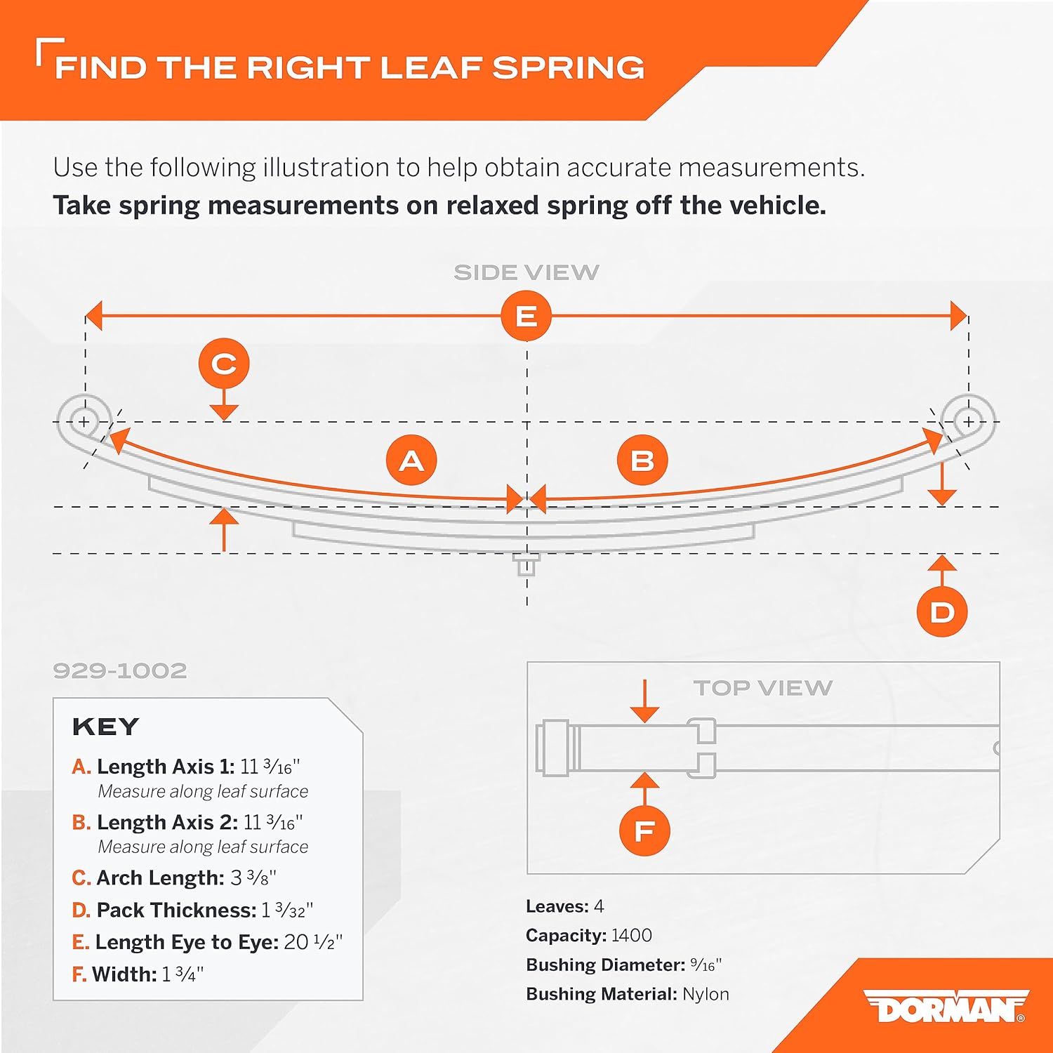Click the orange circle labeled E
tap(526, 316)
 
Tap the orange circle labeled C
tap(224, 364)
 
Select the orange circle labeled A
tap(411, 461)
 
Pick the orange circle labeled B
tap(642, 461)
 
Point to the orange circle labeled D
tap(942, 612)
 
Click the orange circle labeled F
tap(644, 831)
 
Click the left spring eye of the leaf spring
tap(84, 421)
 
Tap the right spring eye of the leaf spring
tap(969, 421)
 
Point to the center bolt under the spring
tap(526, 564)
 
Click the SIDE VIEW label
tap(526, 272)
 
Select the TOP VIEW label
tap(763, 688)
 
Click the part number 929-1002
tap(120, 670)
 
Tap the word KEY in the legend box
tap(106, 727)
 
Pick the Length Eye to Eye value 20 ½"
tap(313, 942)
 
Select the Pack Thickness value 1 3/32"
tap(287, 910)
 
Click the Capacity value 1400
tap(632, 935)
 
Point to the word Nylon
tap(706, 995)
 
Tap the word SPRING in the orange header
tap(568, 68)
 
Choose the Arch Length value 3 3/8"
tap(253, 878)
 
